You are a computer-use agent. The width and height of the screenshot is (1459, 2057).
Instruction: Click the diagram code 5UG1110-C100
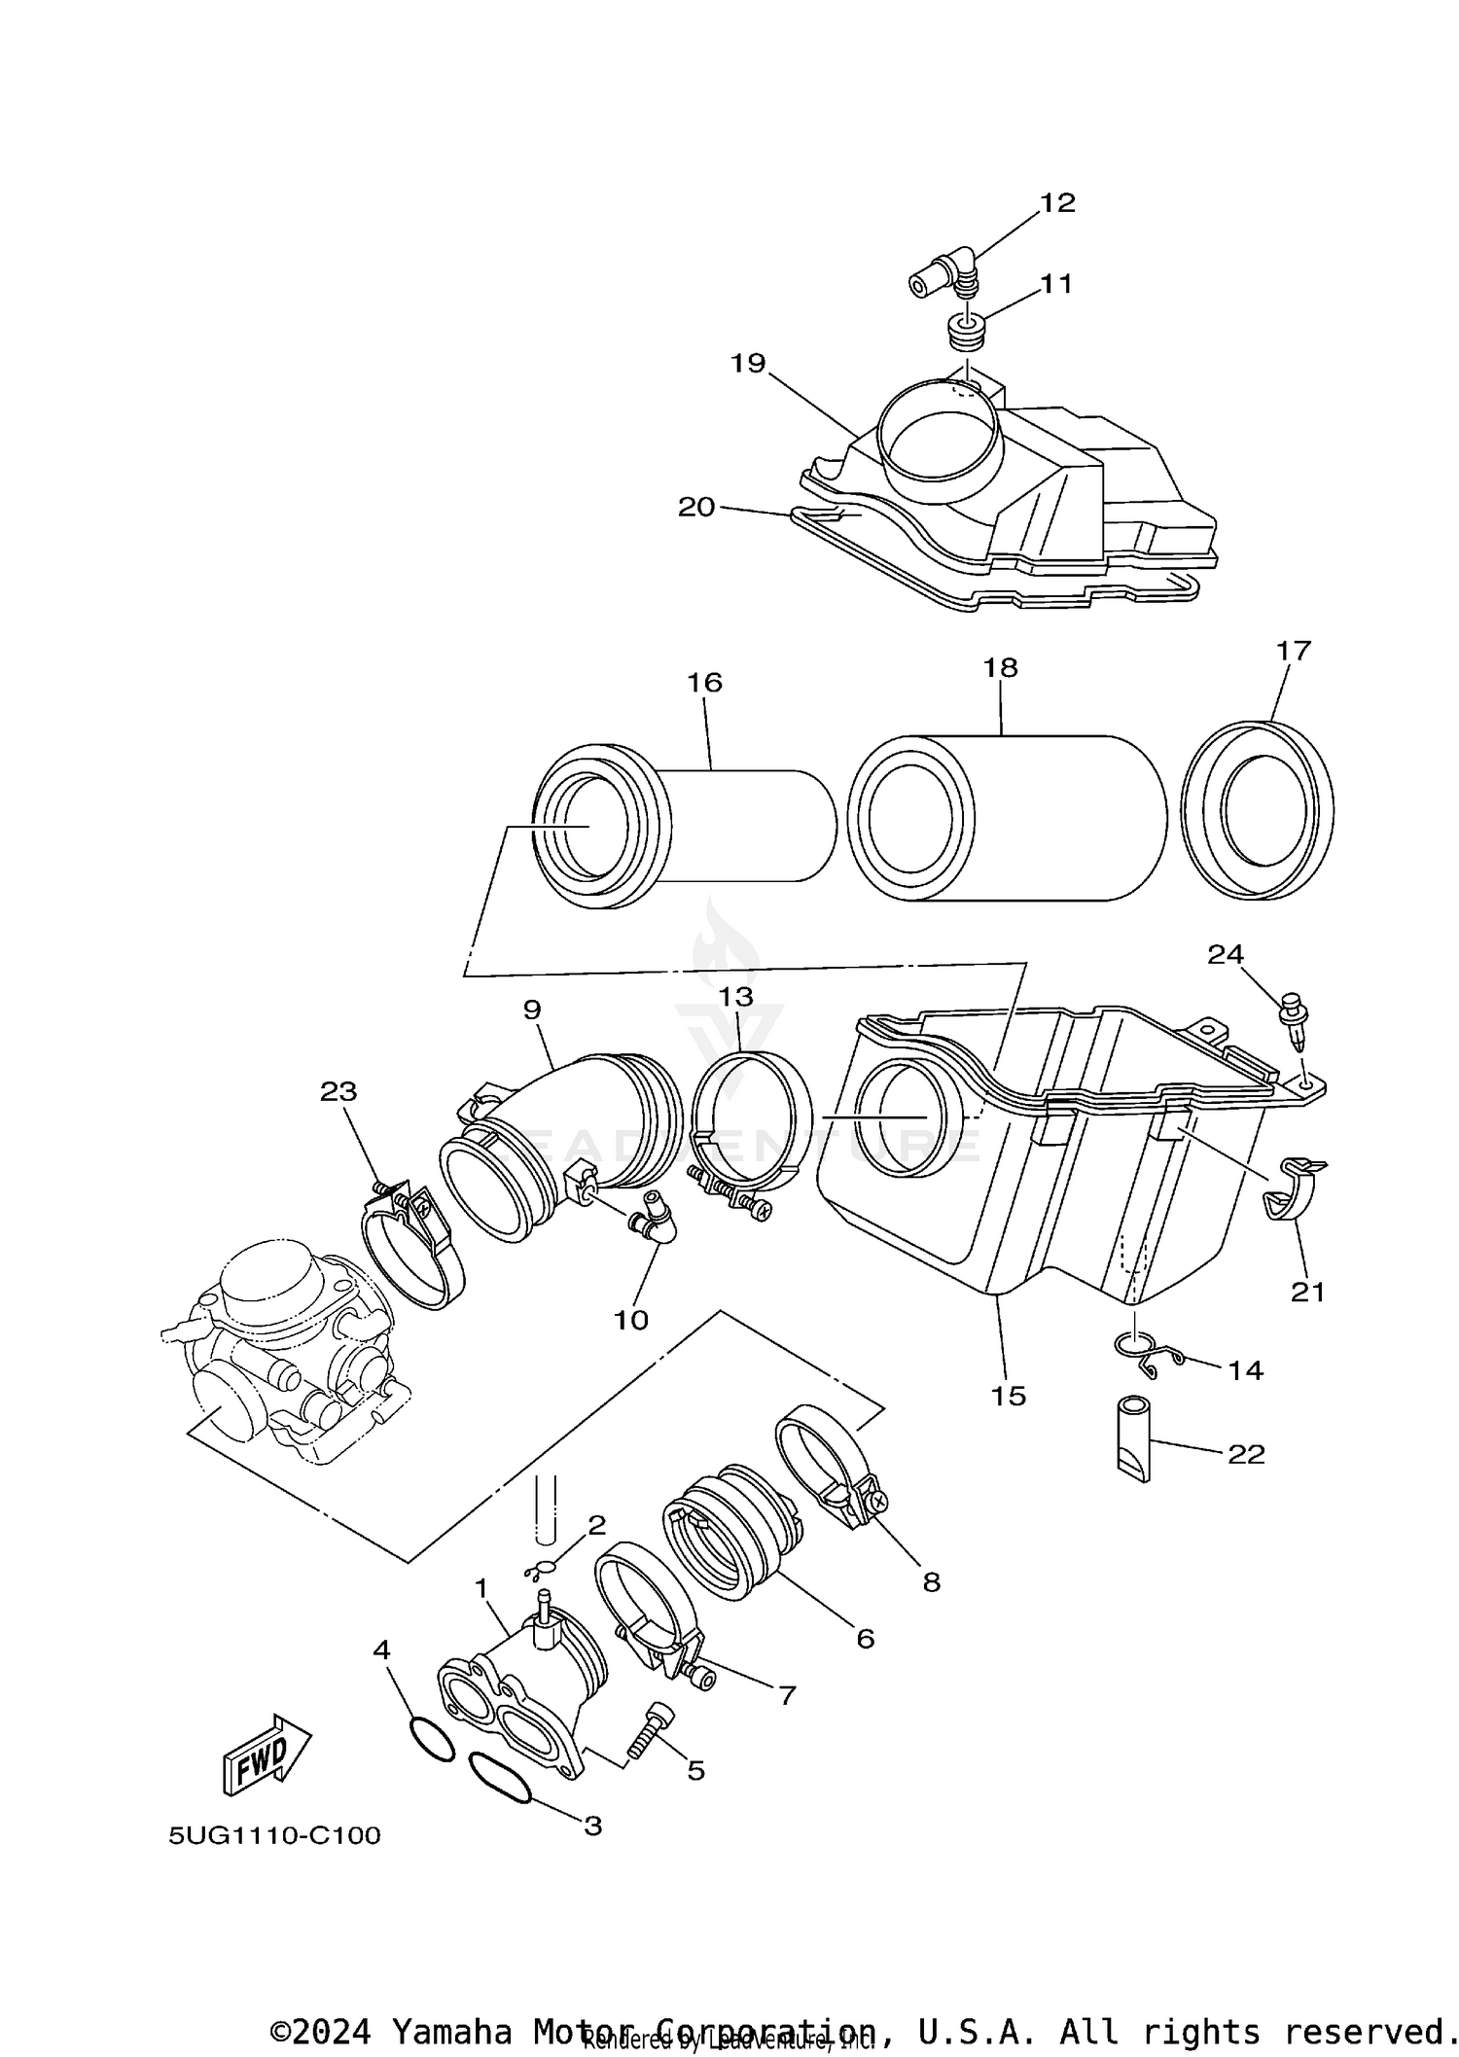pyautogui.click(x=274, y=1835)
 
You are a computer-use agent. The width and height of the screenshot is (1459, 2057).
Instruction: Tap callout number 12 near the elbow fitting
pyautogui.click(x=1057, y=202)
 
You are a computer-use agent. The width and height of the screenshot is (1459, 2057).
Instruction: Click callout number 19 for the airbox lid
pyautogui.click(x=748, y=363)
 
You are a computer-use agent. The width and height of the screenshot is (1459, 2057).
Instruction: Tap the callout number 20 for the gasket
pyautogui.click(x=696, y=507)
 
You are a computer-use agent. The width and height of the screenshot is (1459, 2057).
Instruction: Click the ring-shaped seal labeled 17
pyautogui.click(x=1257, y=809)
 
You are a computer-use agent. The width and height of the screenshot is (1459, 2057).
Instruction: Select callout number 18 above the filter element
pyautogui.click(x=1000, y=667)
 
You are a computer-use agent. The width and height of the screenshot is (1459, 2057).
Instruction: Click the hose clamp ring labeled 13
pyautogui.click(x=751, y=1118)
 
